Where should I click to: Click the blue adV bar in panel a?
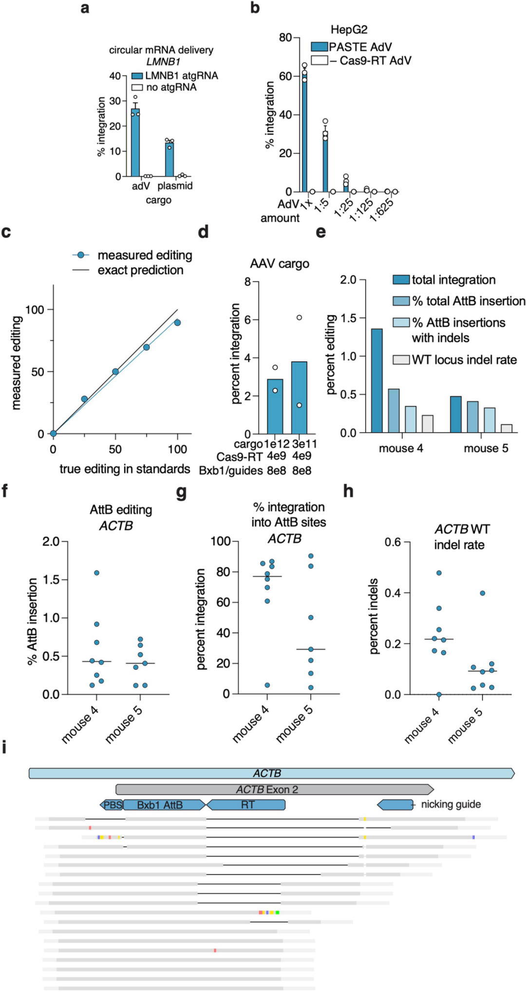135,144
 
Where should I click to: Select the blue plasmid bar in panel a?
169,159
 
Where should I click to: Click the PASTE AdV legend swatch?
319,47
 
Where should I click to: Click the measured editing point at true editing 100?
177,323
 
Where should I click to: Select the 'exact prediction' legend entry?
140,270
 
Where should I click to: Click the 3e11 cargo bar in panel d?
299,398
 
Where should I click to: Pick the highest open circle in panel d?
299,317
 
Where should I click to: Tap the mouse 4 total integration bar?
376,381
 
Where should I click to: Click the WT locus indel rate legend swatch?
401,360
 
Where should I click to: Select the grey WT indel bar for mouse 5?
507,428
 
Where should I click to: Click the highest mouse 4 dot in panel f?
96,573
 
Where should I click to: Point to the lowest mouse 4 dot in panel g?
267,685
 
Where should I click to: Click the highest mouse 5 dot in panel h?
482,593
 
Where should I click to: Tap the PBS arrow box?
112,805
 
